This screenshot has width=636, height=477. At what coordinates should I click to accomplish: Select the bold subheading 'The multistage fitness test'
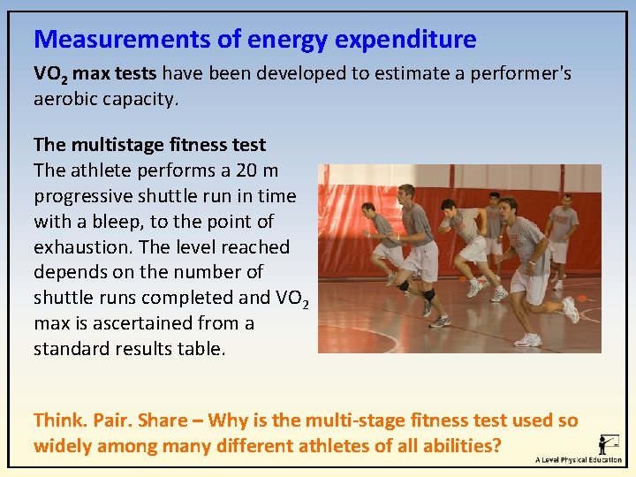(x=149, y=144)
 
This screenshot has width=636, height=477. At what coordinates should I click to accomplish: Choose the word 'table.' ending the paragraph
(x=201, y=349)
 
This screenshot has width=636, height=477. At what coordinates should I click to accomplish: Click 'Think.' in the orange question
(x=60, y=420)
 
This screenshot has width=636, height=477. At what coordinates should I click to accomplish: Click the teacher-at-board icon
(x=608, y=443)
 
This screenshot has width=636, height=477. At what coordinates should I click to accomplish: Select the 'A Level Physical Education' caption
(x=579, y=460)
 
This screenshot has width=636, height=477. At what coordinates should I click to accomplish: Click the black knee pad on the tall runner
(x=428, y=294)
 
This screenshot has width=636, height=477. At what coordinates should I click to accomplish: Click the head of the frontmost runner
(x=507, y=210)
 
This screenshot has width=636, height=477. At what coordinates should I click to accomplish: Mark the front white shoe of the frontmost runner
(x=529, y=340)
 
